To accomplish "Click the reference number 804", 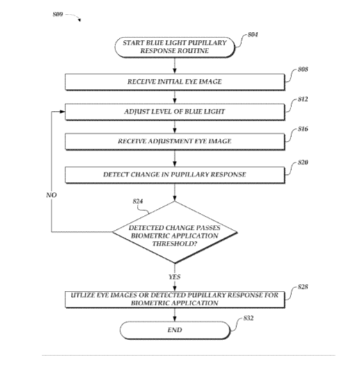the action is click(253, 35).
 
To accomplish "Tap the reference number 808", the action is click(303, 69).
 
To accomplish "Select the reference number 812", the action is click(303, 99).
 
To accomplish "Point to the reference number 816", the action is click(303, 129).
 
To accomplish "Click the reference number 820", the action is click(303, 162).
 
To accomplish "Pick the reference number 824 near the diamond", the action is click(138, 201).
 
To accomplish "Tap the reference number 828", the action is click(303, 287).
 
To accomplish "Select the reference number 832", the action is click(249, 319).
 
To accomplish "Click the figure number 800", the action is click(58, 15).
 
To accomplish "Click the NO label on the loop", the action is click(51, 195).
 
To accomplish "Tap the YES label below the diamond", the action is click(174, 277).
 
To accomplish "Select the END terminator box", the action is click(175, 330).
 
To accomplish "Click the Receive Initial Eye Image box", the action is click(175, 82).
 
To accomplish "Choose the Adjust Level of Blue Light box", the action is click(175, 112).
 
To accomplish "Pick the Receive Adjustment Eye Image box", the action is click(175, 142).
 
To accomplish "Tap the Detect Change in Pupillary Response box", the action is click(175, 175).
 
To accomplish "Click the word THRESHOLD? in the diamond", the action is click(174, 244).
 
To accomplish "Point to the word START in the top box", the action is click(133, 43).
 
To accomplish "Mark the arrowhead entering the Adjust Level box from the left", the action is click(62, 112).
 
